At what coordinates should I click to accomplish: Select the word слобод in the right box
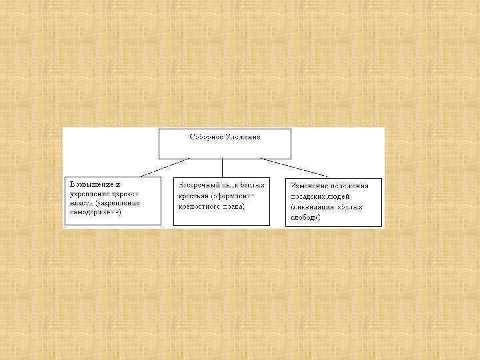303,217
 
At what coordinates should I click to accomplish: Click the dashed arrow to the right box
293,167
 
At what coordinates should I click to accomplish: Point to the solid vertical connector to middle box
222,167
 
